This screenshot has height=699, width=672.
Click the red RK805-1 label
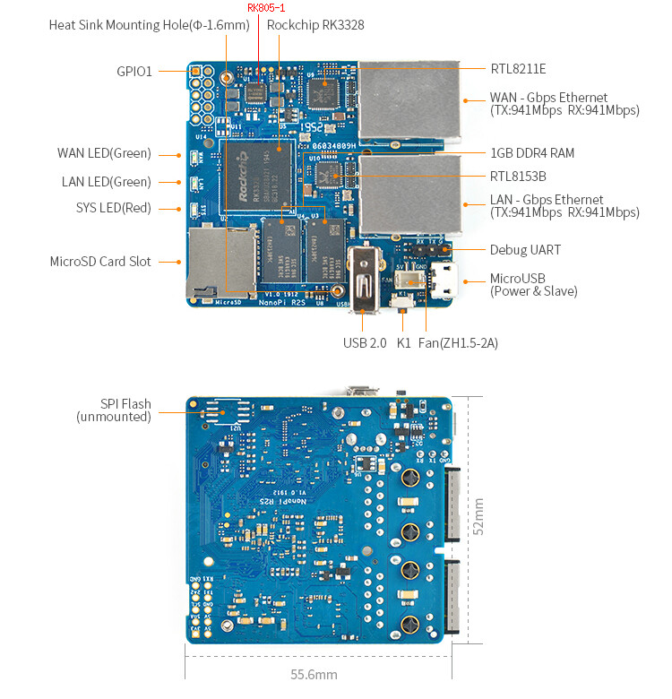pyautogui.click(x=265, y=8)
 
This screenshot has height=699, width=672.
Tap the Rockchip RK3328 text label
pyautogui.click(x=315, y=25)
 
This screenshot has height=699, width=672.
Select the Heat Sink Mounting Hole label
pyautogui.click(x=149, y=25)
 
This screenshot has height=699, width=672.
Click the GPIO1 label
pyautogui.click(x=134, y=71)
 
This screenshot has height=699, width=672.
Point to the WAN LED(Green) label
pyautogui.click(x=104, y=153)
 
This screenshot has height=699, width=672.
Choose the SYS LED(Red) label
pyautogui.click(x=113, y=208)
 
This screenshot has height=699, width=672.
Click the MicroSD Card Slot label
pyautogui.click(x=100, y=262)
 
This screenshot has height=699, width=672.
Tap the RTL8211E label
pyautogui.click(x=518, y=68)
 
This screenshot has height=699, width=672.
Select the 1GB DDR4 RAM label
pyautogui.click(x=532, y=153)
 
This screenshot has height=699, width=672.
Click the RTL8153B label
pyautogui.click(x=518, y=177)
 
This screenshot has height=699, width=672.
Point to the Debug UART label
pyautogui.click(x=525, y=250)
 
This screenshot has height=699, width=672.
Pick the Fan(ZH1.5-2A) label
pyautogui.click(x=459, y=342)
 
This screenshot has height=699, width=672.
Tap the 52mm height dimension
pyautogui.click(x=479, y=517)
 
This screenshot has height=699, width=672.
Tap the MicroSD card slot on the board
pyautogui.click(x=220, y=262)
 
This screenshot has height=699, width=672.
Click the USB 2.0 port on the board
pyautogui.click(x=364, y=278)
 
